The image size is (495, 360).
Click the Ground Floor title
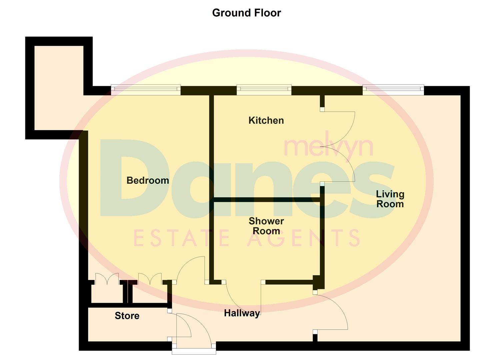tap(246, 13)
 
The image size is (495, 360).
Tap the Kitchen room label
tap(266, 120)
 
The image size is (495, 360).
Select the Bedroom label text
tap(148, 181)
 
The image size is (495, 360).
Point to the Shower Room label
tap(266, 226)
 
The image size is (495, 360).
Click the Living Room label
tap(390, 199)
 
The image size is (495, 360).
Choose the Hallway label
tap(242, 313)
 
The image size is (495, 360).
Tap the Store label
tap(127, 316)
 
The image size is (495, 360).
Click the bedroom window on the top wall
tap(146, 90)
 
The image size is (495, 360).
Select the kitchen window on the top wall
tap(264, 90)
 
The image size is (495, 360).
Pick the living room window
tap(393, 90)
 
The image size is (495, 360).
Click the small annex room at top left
tap(59, 88)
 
